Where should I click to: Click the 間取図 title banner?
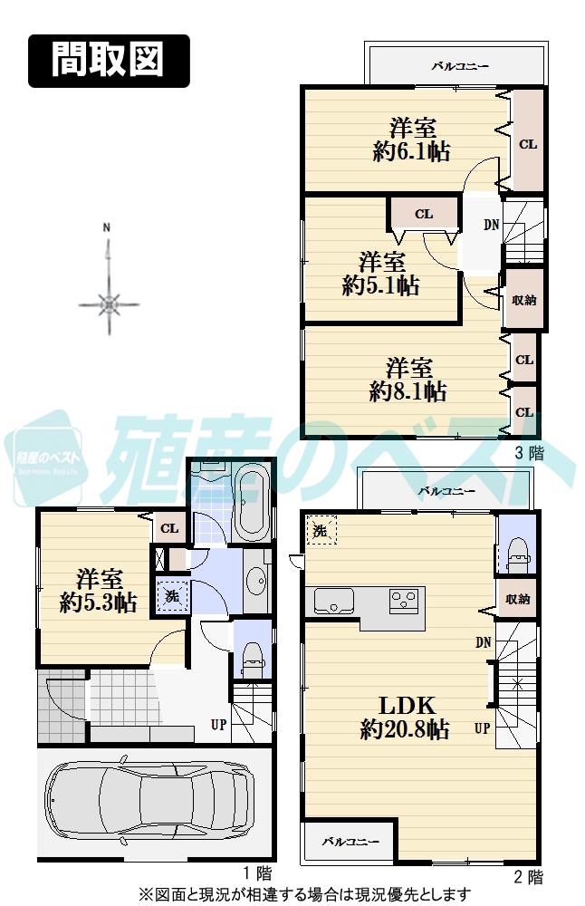tap(108, 61)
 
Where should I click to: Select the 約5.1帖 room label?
tap(381, 274)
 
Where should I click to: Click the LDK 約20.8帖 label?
tap(404, 717)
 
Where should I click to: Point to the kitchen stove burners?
tap(404, 600)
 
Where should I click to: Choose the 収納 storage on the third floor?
tap(523, 300)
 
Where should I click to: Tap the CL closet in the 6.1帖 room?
tap(527, 143)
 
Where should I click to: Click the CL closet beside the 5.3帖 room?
tap(168, 529)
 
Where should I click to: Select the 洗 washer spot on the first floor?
tap(169, 596)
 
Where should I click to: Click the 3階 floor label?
tap(529, 454)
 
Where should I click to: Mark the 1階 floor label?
tap(257, 874)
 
